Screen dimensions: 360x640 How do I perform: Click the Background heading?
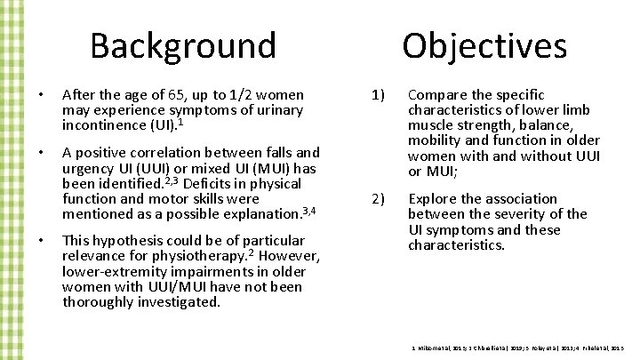pos(183,45)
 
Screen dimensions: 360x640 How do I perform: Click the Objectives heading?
pos(484,45)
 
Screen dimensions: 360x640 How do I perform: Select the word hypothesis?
pos(130,241)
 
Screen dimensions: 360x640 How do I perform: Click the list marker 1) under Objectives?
pos(377,95)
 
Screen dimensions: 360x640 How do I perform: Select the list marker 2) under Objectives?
pos(377,199)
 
